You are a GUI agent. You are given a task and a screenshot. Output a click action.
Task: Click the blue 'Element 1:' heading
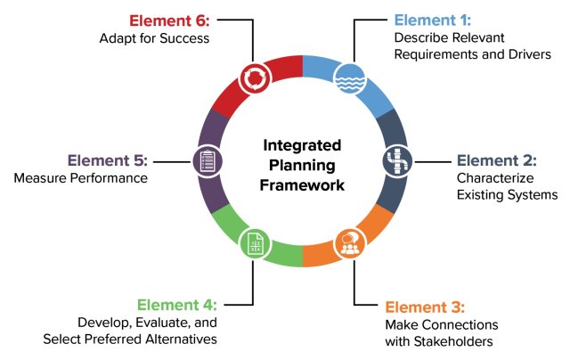coord(434,20)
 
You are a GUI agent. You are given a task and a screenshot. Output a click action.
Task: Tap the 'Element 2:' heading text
coord(497,160)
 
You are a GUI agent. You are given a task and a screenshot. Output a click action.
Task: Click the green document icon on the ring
coord(255,243)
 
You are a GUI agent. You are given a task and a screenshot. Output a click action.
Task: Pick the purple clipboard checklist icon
coord(207,161)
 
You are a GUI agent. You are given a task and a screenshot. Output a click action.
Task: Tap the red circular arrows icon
coord(254,78)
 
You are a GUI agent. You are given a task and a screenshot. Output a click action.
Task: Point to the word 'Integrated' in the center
coord(302,143)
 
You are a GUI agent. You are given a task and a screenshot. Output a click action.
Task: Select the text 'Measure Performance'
coord(80,178)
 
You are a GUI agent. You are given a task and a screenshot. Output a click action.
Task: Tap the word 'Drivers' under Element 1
coord(529,54)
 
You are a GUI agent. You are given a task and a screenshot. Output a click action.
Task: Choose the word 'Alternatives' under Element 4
coord(180,340)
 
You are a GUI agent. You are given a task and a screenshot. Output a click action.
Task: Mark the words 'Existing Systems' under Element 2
coord(508,194)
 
